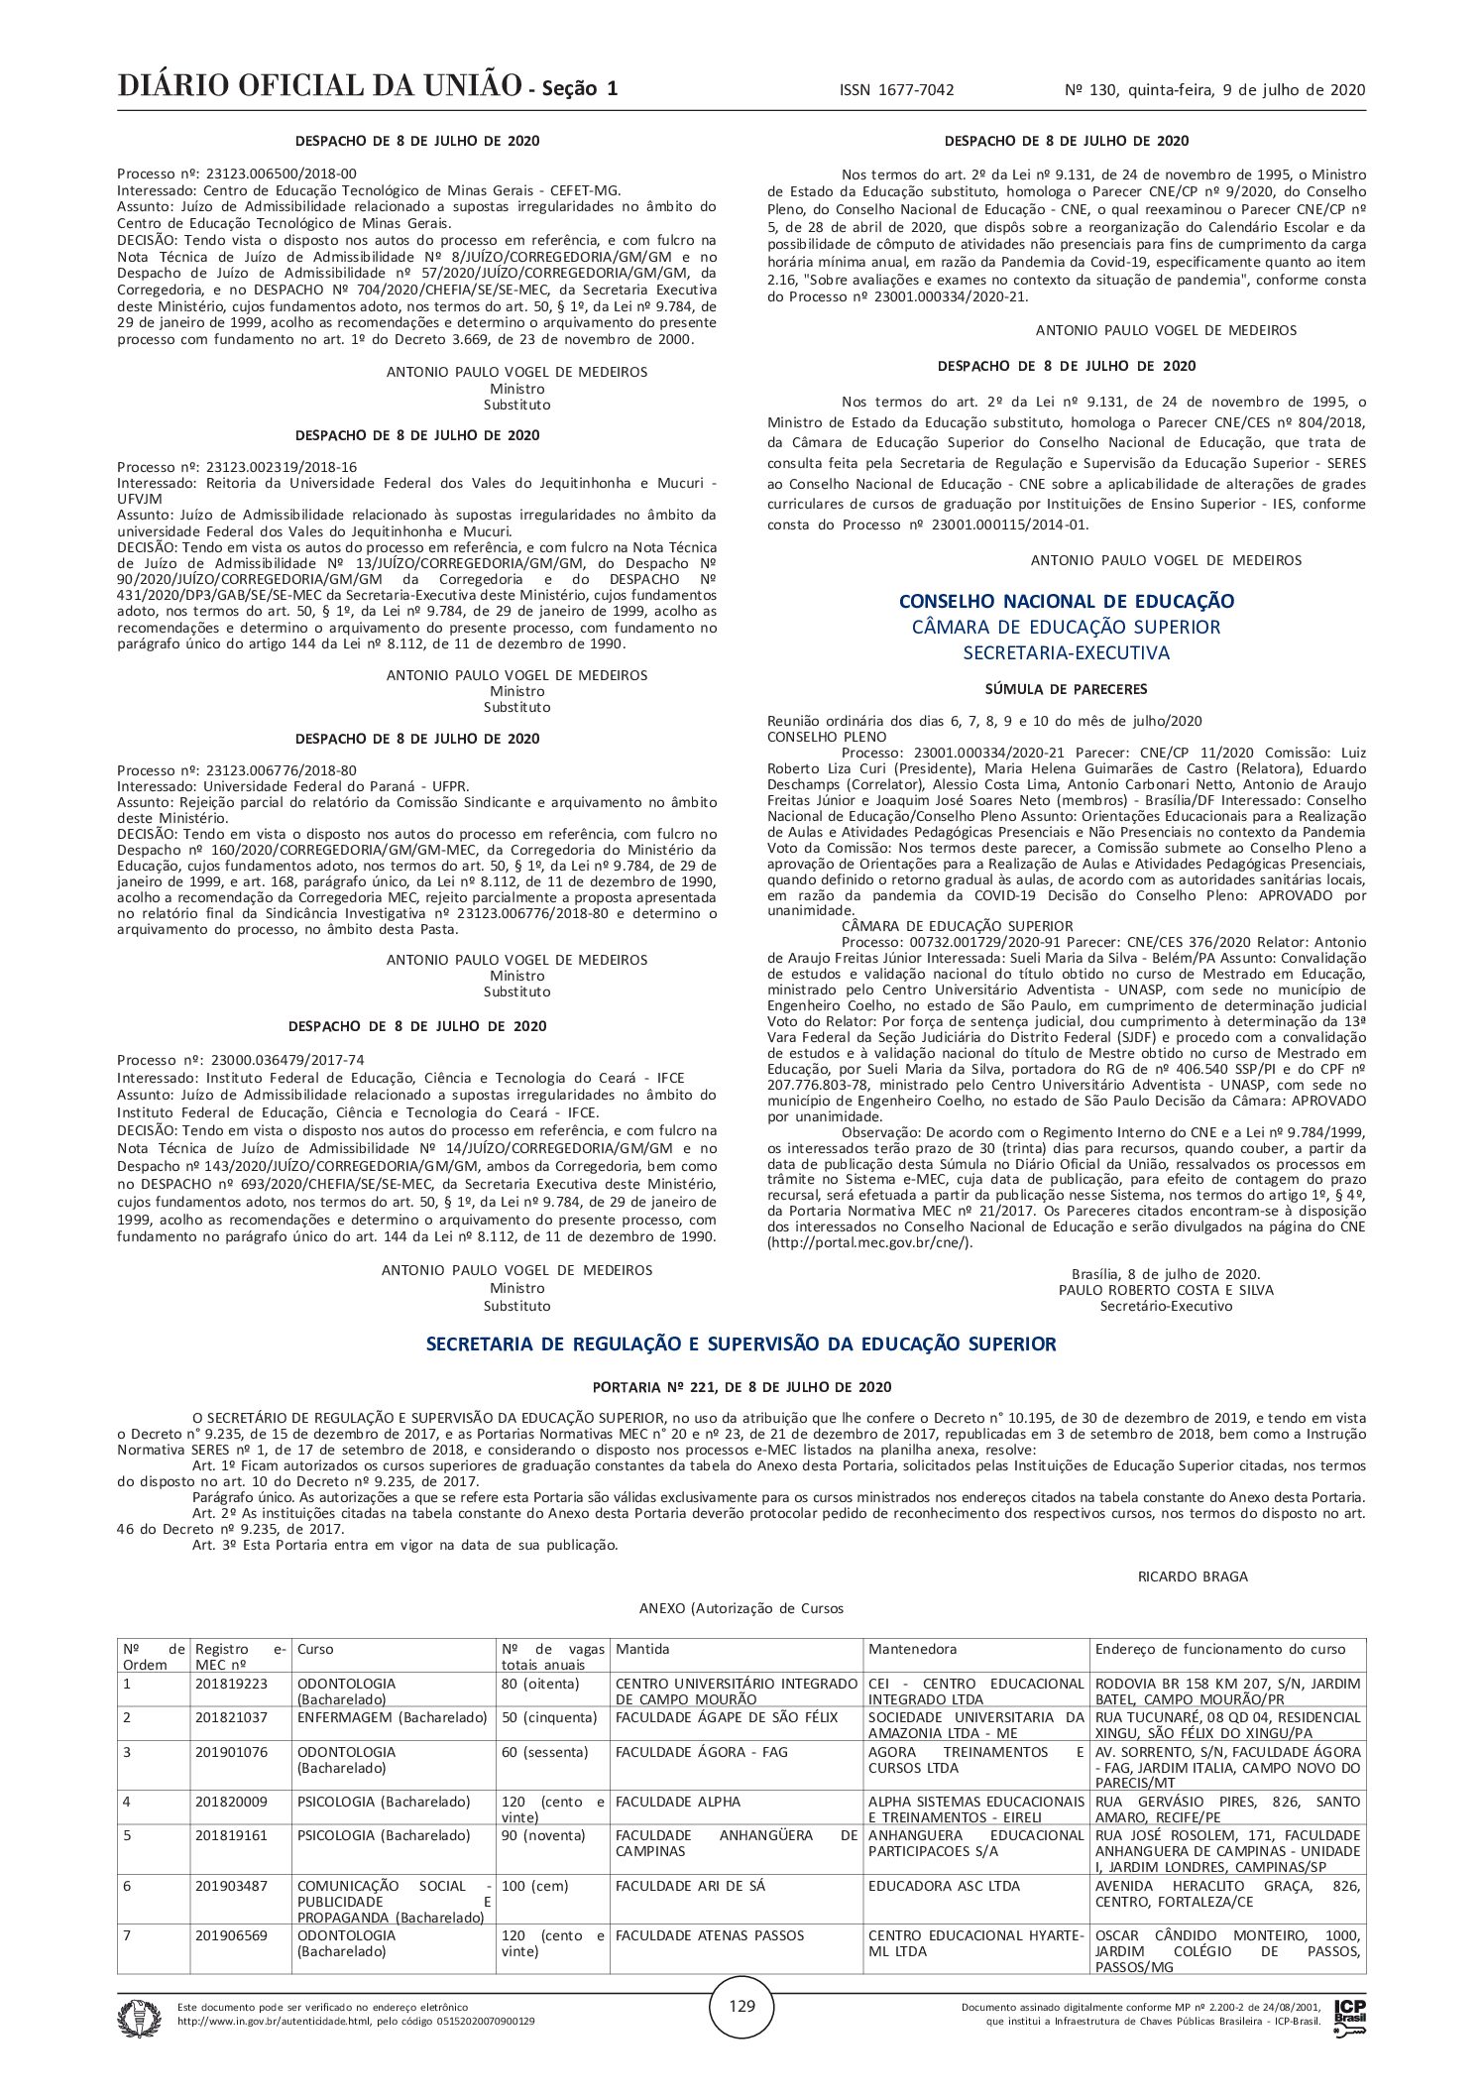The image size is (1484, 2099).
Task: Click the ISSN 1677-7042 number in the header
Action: coord(896,90)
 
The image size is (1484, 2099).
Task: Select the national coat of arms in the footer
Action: coord(139,2018)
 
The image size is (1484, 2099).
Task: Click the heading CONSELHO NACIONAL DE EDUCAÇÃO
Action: coord(1067,602)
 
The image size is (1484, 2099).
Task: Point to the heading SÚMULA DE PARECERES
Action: coord(1067,689)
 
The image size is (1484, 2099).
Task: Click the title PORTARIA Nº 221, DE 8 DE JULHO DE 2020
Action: coord(742,1387)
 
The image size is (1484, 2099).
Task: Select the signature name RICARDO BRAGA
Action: coord(1193,1576)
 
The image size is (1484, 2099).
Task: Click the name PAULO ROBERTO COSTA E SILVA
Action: coord(1166,1290)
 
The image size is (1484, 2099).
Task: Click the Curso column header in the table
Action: coord(316,1649)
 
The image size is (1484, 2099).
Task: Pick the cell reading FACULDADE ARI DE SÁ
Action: coord(690,1886)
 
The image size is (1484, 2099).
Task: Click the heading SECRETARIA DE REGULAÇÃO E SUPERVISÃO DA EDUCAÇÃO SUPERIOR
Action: coord(742,1344)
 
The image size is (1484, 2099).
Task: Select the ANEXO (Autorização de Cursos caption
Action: coord(742,1608)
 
